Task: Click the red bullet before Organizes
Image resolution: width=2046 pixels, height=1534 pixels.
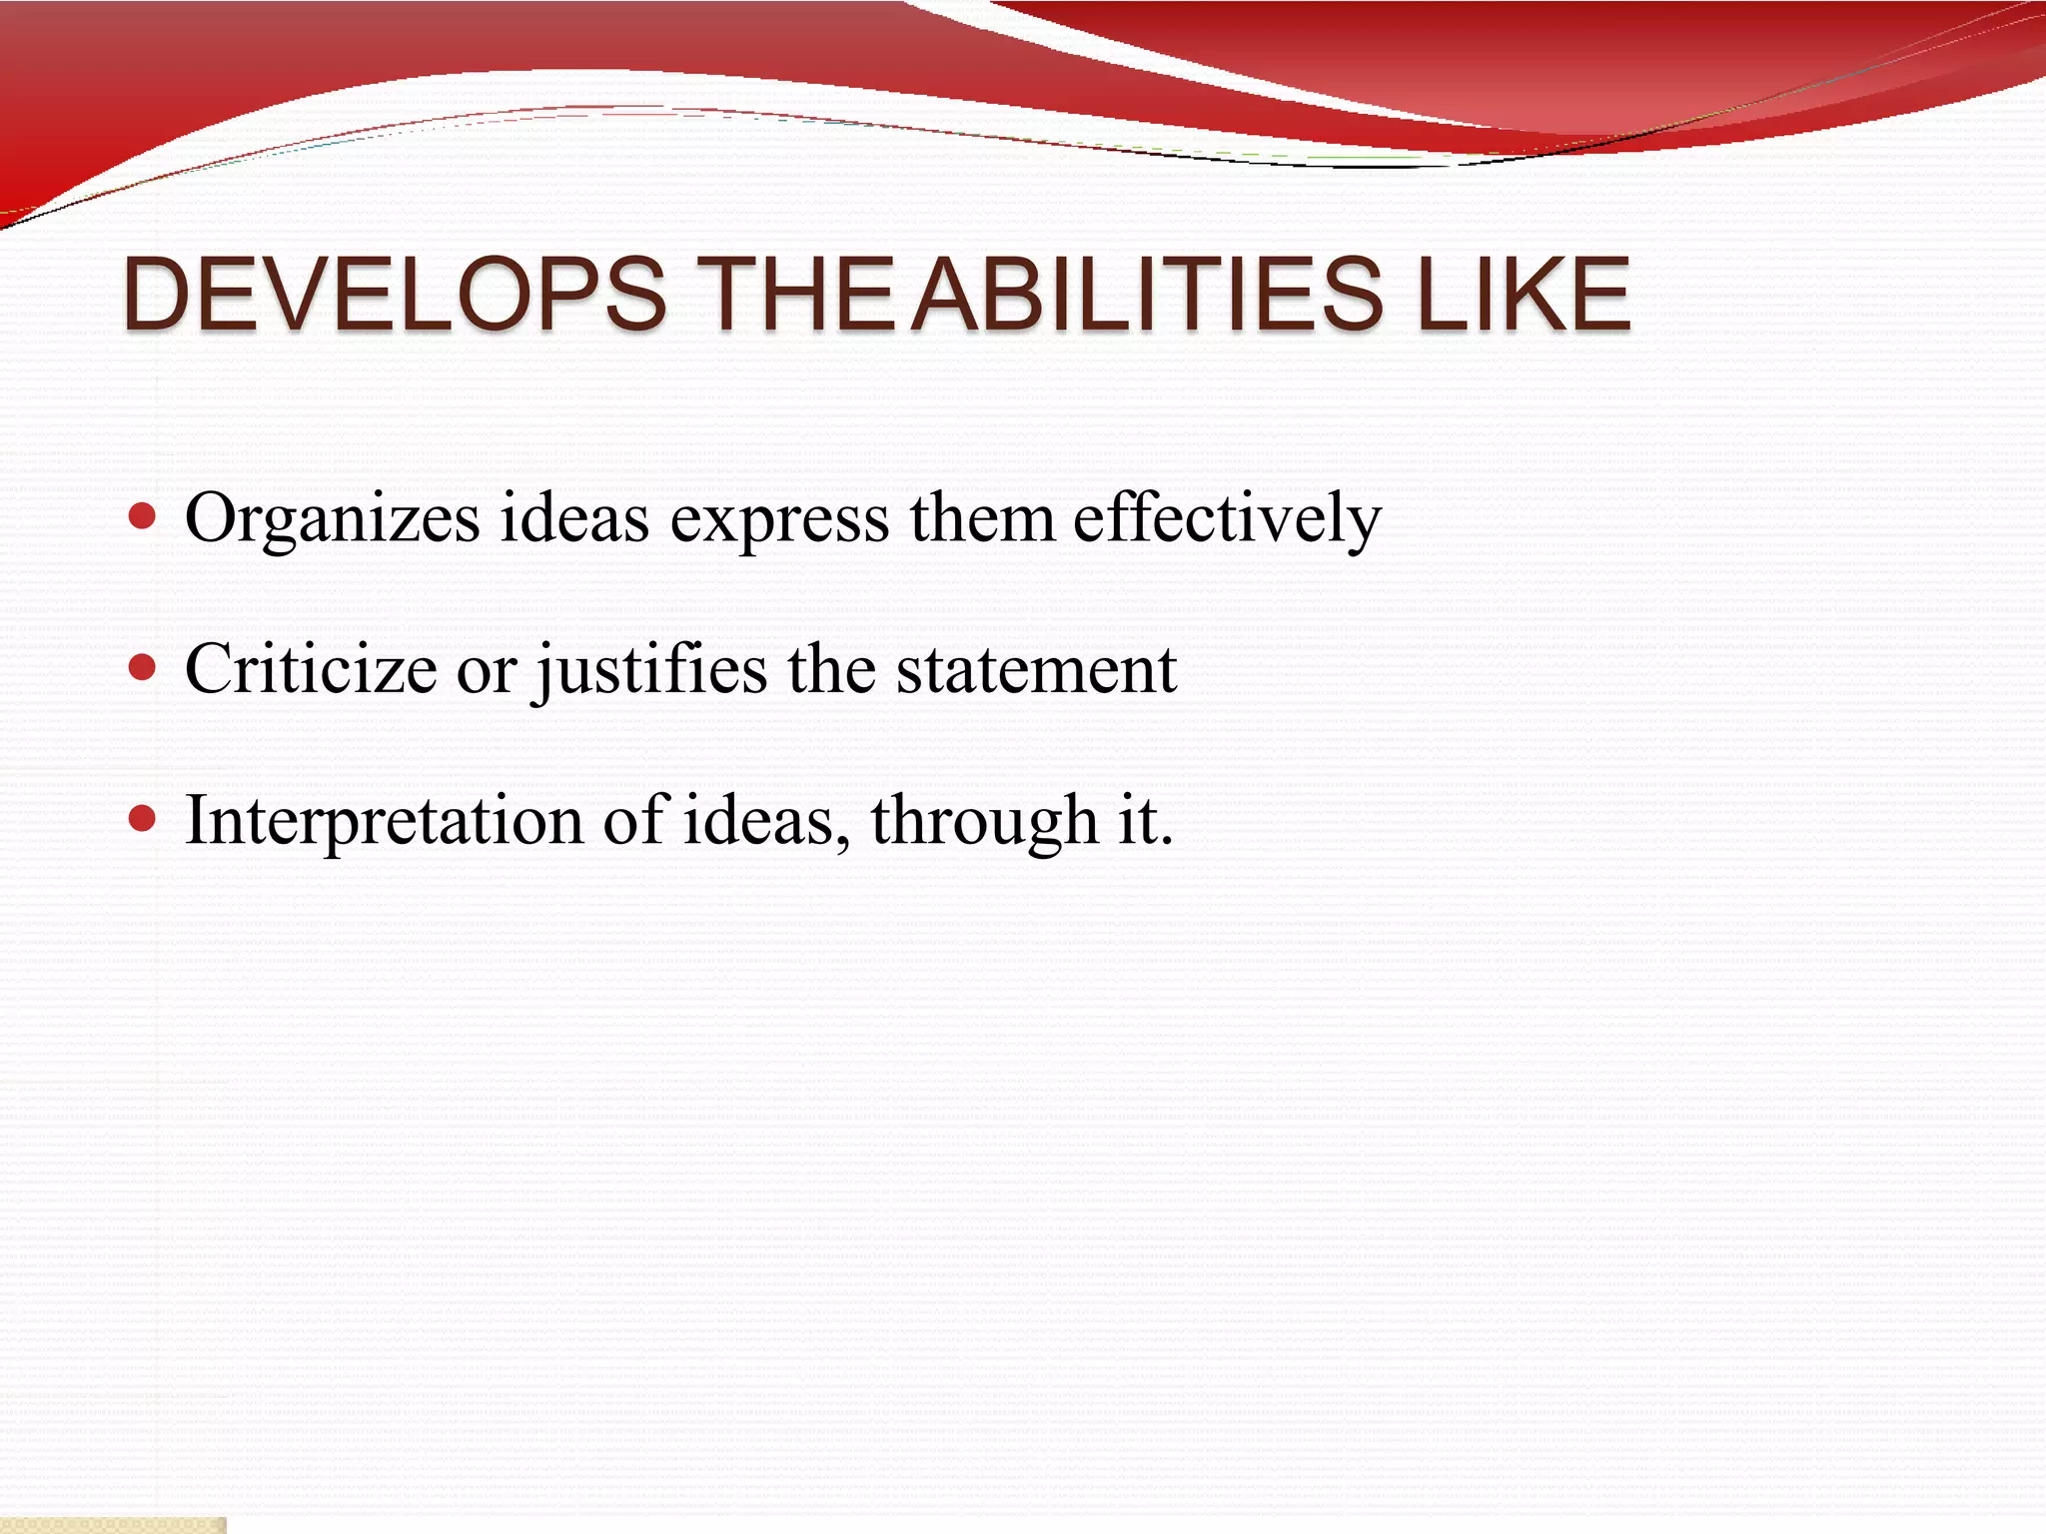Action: (143, 516)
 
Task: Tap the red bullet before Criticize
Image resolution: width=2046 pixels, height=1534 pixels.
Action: (143, 667)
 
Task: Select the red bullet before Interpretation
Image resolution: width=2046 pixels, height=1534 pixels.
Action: (143, 819)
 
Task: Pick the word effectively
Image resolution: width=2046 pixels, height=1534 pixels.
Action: (1227, 519)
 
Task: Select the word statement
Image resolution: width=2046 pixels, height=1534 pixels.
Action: (1036, 669)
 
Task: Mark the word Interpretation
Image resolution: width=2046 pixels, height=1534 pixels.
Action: (385, 821)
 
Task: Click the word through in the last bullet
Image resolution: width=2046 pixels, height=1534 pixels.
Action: (984, 821)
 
